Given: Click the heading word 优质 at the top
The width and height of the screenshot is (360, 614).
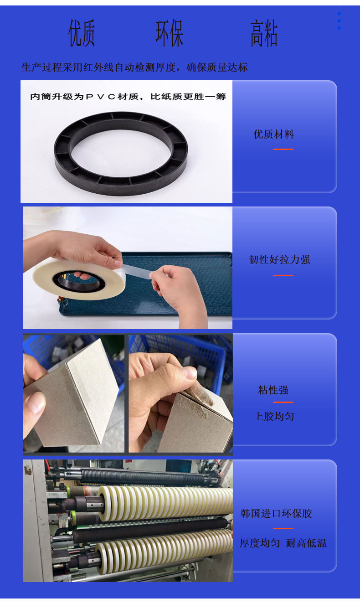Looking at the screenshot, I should tap(82, 33).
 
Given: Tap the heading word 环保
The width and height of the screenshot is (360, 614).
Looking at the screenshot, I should tap(169, 33).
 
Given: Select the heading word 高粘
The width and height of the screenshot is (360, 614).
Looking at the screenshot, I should tap(263, 33).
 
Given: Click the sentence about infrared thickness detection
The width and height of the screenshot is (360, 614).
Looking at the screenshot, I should tap(134, 67).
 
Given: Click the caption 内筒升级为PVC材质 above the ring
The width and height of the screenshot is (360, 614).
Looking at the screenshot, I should tap(128, 97).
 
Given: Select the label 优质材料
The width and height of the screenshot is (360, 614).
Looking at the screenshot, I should tap(274, 134).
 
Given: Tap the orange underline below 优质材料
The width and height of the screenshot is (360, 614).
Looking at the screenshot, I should tap(283, 149).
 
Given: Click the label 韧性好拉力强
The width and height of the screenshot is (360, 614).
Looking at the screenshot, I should tap(279, 260).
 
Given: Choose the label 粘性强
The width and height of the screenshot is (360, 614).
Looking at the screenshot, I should tap(273, 390).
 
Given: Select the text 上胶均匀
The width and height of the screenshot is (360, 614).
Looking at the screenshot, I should tap(274, 416).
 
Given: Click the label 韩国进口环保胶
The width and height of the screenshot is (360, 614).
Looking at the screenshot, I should tap(276, 514).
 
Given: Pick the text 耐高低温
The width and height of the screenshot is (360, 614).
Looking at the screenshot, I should tap(306, 543).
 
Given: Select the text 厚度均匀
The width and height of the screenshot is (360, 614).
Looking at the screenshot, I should tap(260, 543).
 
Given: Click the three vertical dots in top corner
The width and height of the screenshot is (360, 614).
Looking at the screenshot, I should tap(339, 21).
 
